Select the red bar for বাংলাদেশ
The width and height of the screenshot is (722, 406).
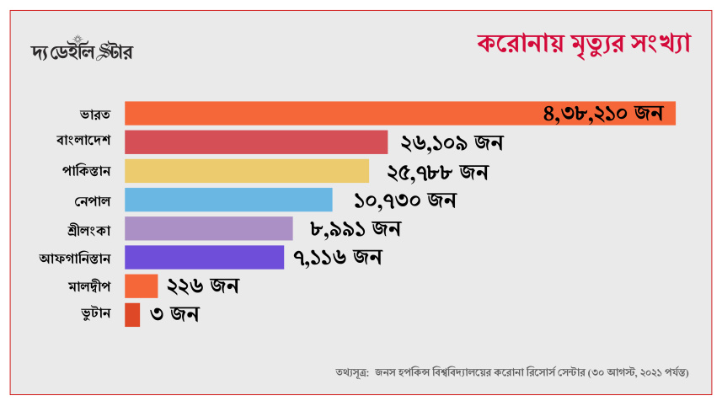pyautogui.click(x=256, y=142)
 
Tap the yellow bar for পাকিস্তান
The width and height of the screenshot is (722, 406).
pyautogui.click(x=247, y=171)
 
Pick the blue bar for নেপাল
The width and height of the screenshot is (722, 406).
pyautogui.click(x=228, y=200)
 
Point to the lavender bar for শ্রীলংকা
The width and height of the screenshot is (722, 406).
pyautogui.click(x=209, y=228)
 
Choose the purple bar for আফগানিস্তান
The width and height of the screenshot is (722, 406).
pyautogui.click(x=204, y=257)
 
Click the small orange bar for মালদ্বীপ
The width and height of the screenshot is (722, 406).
pyautogui.click(x=141, y=286)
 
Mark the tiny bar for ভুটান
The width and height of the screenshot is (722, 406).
pyautogui.click(x=132, y=315)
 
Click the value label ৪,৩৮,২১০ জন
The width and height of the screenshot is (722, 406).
pyautogui.click(x=603, y=114)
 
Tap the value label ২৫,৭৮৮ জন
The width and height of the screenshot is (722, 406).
pyautogui.click(x=438, y=173)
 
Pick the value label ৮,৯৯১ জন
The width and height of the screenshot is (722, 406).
pyautogui.click(x=355, y=228)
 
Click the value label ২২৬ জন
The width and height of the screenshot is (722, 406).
pyautogui.click(x=203, y=286)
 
